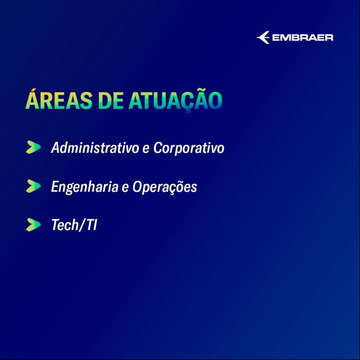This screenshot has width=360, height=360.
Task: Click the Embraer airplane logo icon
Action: pyautogui.click(x=263, y=37)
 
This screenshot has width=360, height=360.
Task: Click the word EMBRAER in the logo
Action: pyautogui.click(x=303, y=37)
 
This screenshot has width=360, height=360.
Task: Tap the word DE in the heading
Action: pyautogui.click(x=111, y=100)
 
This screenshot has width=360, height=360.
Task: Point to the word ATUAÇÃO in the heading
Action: pyautogui.click(x=175, y=100)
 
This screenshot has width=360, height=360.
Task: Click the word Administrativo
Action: pyautogui.click(x=95, y=147)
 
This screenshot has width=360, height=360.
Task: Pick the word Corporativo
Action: pyautogui.click(x=189, y=148)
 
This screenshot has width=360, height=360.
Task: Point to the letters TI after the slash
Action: pyautogui.click(x=92, y=225)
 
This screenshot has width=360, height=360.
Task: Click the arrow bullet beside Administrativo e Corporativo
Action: pyautogui.click(x=33, y=147)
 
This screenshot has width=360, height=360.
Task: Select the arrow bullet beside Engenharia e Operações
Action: pyautogui.click(x=33, y=186)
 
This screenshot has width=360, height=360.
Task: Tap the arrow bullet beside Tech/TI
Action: pyautogui.click(x=33, y=225)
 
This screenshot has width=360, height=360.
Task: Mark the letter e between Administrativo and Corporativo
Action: pyautogui.click(x=146, y=149)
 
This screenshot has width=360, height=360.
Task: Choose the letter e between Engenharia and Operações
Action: pyautogui.click(x=125, y=188)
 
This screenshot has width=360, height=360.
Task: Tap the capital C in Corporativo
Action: pyautogui.click(x=157, y=147)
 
